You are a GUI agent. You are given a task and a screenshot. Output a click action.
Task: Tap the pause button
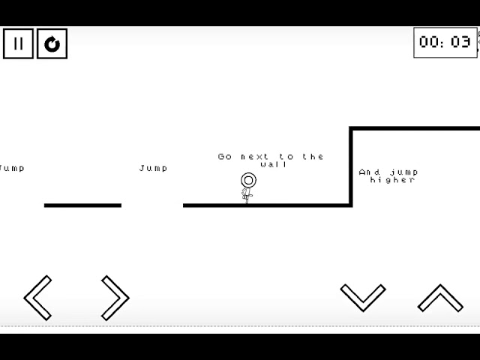tap(18, 43)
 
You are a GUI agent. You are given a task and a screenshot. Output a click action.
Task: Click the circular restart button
tap(52, 43)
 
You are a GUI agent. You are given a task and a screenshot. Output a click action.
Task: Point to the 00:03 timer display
tap(445, 43)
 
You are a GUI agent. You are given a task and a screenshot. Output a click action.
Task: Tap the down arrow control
tap(363, 297)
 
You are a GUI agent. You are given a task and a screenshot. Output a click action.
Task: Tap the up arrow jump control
tap(440, 298)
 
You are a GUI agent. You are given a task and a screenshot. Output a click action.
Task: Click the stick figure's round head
tap(248, 181)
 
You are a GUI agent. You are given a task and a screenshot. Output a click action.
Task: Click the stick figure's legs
tap(247, 196)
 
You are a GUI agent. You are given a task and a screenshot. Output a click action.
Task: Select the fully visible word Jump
tap(154, 168)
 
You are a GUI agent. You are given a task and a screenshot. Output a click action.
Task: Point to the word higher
tap(392, 180)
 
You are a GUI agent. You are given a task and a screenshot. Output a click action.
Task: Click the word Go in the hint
tap(225, 157)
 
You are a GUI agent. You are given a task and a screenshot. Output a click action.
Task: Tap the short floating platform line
tap(82, 205)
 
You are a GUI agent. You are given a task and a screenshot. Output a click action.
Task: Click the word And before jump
tap(370, 172)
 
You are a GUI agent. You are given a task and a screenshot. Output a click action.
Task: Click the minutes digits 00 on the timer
tap(430, 43)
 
